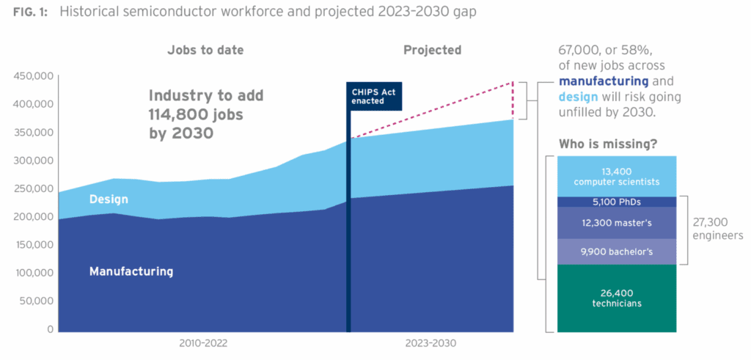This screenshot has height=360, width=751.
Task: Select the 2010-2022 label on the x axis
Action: coord(203,343)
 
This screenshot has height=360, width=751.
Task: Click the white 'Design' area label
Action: coord(109,199)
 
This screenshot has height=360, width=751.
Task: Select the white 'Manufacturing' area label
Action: coord(131,271)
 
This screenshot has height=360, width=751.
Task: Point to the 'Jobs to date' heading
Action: coord(205,51)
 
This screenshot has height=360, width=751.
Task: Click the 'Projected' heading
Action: coord(432,51)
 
